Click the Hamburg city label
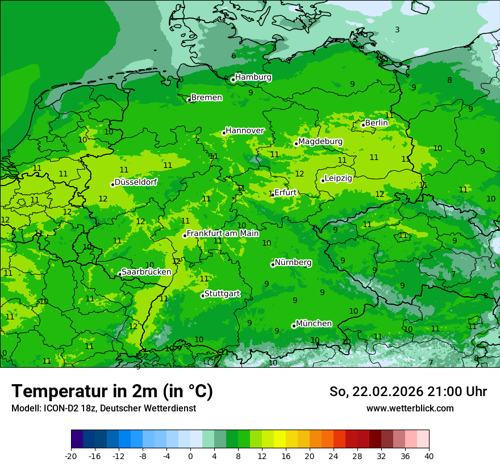(253, 77)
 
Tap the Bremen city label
(206, 98)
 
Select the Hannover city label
(244, 131)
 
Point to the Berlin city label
(376, 123)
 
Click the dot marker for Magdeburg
(296, 144)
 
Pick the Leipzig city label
(338, 178)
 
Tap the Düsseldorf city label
(136, 182)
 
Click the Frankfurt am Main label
(223, 233)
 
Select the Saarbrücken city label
(146, 272)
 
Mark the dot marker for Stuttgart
(203, 296)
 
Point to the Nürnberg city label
(293, 263)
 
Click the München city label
(314, 323)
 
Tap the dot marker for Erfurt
(272, 195)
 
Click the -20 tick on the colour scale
(71, 456)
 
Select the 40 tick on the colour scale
(429, 456)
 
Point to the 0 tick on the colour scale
(190, 456)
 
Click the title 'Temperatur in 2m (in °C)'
(112, 391)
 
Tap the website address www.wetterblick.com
(410, 408)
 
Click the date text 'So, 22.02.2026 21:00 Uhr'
(408, 392)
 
